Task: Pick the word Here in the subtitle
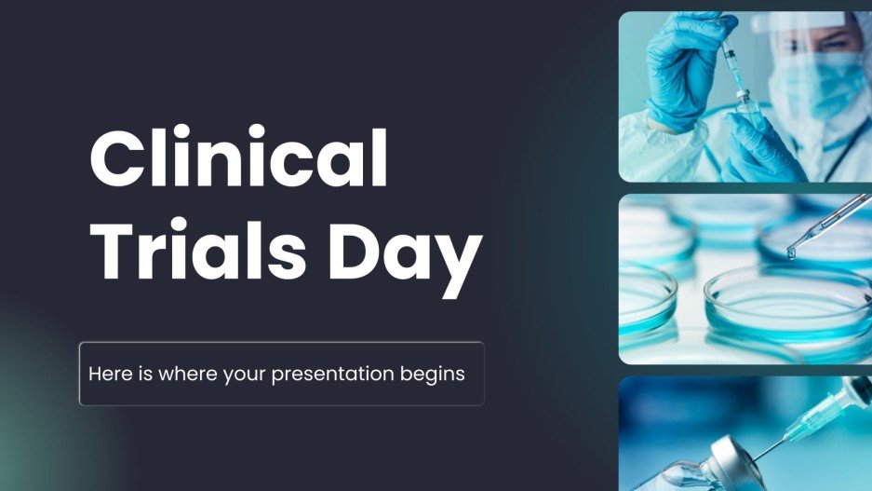[x=108, y=375]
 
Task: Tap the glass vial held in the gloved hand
[x=745, y=116]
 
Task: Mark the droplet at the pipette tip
[x=791, y=252]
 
